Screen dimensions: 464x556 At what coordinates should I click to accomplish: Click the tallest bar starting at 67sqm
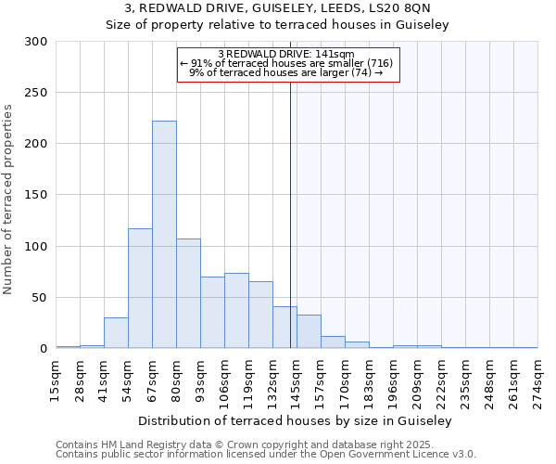[x=164, y=235]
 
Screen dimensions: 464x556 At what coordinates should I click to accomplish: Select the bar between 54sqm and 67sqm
[x=140, y=288]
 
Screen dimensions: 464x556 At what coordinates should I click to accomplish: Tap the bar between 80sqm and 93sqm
[x=188, y=293]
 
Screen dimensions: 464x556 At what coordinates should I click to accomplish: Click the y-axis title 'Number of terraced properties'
[x=8, y=200]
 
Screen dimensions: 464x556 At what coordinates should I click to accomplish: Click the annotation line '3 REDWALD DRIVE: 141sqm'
[x=286, y=54]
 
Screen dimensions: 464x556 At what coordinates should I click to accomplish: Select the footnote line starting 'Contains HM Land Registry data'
[x=265, y=445]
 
